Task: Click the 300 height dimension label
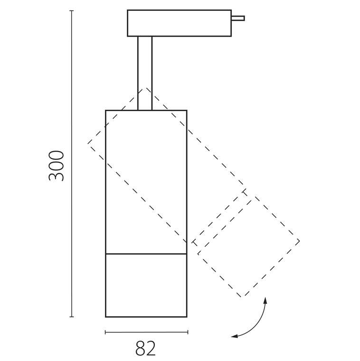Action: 56,166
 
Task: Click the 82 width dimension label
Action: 145,348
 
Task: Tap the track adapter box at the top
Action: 180,23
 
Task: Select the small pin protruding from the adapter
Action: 238,18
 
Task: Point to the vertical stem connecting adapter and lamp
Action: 145,73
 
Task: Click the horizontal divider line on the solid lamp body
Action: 146,254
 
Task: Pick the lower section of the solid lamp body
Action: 146,285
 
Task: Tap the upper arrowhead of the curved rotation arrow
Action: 265,300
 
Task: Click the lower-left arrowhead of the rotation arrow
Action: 234,336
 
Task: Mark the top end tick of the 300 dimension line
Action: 72,10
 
